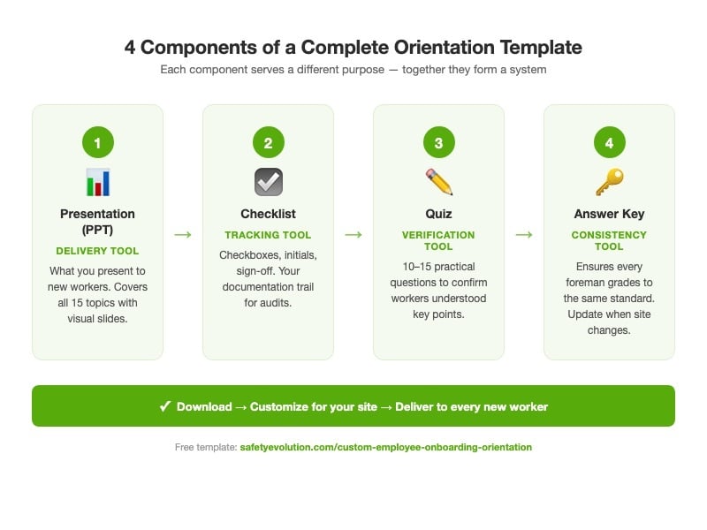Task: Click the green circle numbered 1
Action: pos(97,142)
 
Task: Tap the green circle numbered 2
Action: pos(268,142)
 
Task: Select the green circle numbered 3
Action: pos(438,142)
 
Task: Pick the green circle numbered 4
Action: pos(609,142)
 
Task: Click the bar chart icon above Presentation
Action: pos(97,182)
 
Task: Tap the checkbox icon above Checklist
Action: pos(268,182)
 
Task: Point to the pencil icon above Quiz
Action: pos(438,182)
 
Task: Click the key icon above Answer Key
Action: pos(609,182)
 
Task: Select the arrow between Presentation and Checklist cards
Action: pos(183,234)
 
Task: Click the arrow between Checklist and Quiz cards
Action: pos(353,234)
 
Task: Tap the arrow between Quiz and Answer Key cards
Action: pos(524,234)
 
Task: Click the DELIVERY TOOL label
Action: pos(97,251)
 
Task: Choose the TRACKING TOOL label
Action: pos(268,235)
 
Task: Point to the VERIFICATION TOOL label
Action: pos(438,240)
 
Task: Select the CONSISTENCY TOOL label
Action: pos(609,240)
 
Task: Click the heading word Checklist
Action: pos(268,214)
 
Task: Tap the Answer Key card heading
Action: pos(609,214)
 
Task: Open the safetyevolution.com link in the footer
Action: pos(385,447)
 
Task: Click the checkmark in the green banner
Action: pos(165,406)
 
